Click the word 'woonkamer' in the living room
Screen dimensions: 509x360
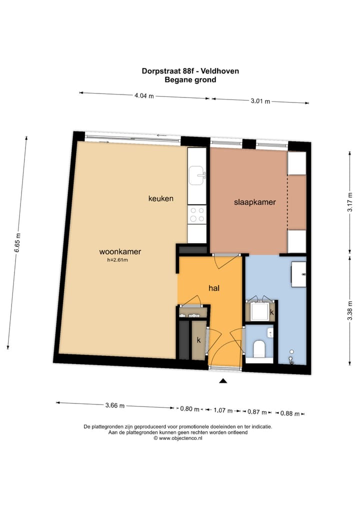pos(120,251)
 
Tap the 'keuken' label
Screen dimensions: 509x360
pos(161,198)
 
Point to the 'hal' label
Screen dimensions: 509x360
pos(214,288)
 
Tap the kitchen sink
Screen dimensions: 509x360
pos(197,174)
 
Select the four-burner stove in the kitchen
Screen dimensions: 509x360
pos(197,214)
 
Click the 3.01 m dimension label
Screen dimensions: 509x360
pos(260,101)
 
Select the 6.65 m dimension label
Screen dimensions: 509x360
pos(18,243)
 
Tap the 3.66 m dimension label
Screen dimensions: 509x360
pos(115,406)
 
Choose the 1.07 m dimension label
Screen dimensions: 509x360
pos(223,411)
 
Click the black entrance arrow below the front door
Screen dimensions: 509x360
pos(223,381)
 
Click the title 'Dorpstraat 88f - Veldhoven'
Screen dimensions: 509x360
pos(190,71)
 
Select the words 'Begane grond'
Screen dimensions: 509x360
pos(190,79)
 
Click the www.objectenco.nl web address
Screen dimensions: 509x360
pos(180,438)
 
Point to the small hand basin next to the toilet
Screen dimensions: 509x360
pos(270,332)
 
